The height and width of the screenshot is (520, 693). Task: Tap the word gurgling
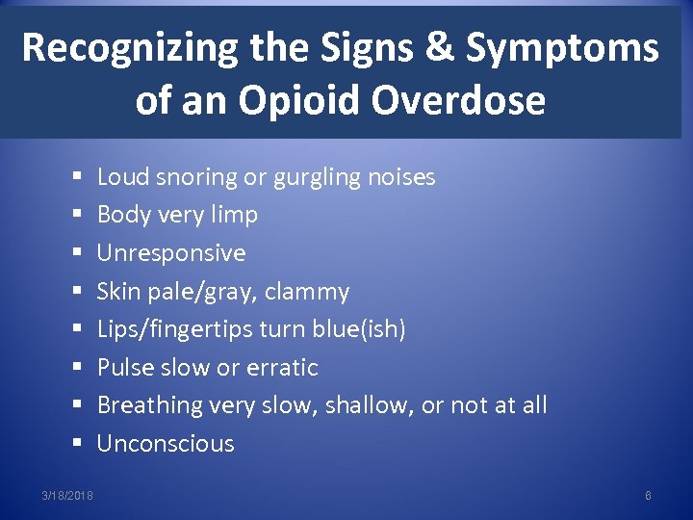point(319,177)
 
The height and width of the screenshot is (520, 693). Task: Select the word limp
point(234,215)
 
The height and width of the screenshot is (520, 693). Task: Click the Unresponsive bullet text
point(171,253)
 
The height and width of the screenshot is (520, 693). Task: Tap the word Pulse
point(124,368)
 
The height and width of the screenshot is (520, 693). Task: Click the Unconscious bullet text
point(166,444)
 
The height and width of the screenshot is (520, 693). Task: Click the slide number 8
point(648,495)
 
